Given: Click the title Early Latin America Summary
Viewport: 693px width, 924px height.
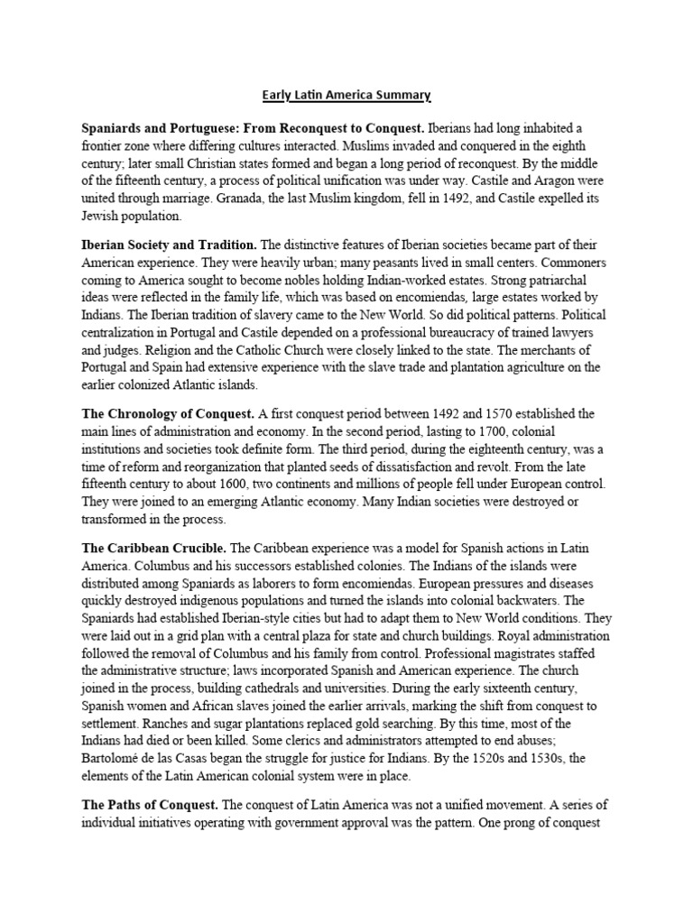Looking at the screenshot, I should point(346,95).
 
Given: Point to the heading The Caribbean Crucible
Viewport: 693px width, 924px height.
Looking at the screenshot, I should point(154,548).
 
